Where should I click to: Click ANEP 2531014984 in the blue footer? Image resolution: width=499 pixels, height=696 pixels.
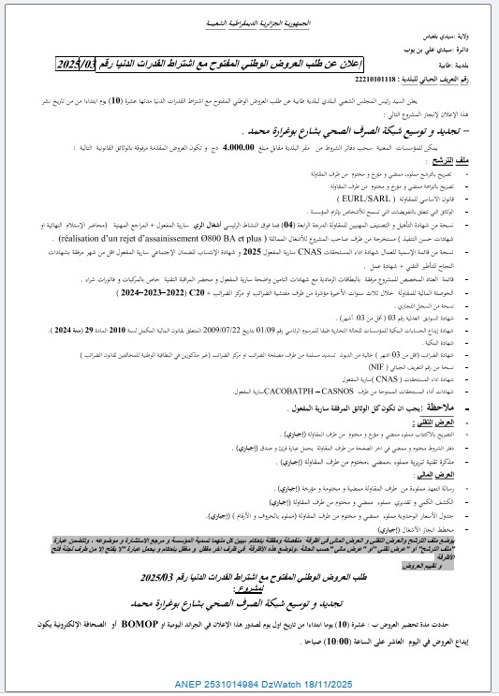coord(241,684)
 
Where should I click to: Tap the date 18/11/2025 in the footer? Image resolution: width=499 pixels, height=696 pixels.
coord(364,684)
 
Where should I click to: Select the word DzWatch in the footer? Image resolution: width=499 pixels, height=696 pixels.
coord(308,684)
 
